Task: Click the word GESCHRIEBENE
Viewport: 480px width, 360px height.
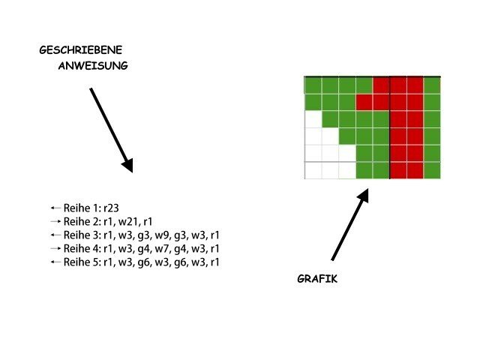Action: [x=80, y=50]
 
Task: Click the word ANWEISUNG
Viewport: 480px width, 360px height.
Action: [x=93, y=65]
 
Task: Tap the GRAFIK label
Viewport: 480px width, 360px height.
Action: [x=317, y=279]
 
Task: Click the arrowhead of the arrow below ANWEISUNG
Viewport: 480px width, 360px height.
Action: [x=127, y=164]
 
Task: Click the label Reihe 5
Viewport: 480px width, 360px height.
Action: [x=81, y=262]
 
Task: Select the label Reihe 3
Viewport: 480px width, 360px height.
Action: [x=81, y=235]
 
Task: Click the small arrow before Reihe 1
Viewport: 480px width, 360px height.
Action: [x=54, y=207]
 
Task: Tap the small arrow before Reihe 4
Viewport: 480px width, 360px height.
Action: [x=54, y=248]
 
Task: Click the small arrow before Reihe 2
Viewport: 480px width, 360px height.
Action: [x=54, y=221]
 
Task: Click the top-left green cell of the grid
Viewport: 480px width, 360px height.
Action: [x=313, y=84]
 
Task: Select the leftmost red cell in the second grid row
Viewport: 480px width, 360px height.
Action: [x=364, y=101]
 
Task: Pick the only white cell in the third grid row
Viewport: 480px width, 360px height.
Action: [x=313, y=118]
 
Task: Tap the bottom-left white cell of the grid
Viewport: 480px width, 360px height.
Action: [x=313, y=170]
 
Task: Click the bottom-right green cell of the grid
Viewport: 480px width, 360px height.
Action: [x=432, y=170]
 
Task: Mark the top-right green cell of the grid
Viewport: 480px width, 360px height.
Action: [x=432, y=84]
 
